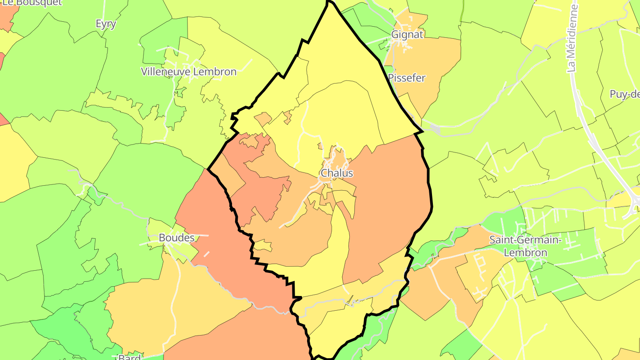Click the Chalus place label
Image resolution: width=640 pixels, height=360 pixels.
[x=337, y=173]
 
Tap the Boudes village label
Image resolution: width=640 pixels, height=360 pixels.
[x=177, y=238]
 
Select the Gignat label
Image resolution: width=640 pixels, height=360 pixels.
[x=407, y=34]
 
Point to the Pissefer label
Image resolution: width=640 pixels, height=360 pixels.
[x=407, y=78]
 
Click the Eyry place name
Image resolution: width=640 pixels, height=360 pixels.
[x=106, y=24]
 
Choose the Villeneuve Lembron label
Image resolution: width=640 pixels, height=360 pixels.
[x=188, y=71]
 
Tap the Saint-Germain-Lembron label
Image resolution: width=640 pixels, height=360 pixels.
[x=525, y=246]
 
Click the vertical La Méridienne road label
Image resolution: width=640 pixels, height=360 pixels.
[x=573, y=38]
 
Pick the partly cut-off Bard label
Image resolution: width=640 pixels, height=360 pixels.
[x=129, y=357]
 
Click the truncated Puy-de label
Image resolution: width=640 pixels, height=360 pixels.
[x=625, y=94]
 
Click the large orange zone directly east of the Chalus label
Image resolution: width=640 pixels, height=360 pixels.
[x=387, y=200]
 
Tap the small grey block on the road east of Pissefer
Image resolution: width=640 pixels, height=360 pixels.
[x=435, y=130]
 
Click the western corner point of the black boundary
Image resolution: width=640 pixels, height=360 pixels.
[x=208, y=169]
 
